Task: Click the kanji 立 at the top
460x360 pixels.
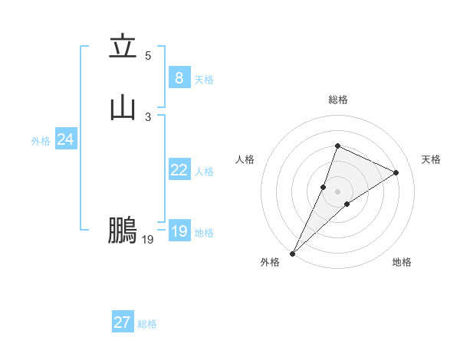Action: coord(123,47)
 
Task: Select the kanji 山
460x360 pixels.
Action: coord(123,108)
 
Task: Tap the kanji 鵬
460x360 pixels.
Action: coord(123,231)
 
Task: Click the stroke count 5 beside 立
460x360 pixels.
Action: coord(148,56)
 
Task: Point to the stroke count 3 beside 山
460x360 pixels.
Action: coord(148,116)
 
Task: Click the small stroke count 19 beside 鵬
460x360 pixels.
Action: coord(148,240)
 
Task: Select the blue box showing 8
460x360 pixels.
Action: coord(179,78)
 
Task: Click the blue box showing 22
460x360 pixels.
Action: coord(179,170)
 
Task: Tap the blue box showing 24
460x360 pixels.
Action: coord(65,139)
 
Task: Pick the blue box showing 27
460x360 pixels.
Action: coord(122,322)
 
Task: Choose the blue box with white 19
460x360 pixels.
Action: coord(179,231)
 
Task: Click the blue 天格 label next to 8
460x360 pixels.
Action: coord(204,80)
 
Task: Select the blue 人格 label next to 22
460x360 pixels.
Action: coord(204,172)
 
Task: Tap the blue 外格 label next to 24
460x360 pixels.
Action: coord(41,141)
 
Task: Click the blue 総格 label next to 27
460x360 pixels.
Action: coord(147,324)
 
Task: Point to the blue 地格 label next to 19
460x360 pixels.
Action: coord(204,233)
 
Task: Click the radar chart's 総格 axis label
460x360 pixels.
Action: coord(337,100)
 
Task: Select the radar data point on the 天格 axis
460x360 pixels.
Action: coord(396,172)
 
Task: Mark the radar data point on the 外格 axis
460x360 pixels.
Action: coord(292,253)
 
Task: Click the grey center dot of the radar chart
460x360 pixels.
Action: coord(337,191)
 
